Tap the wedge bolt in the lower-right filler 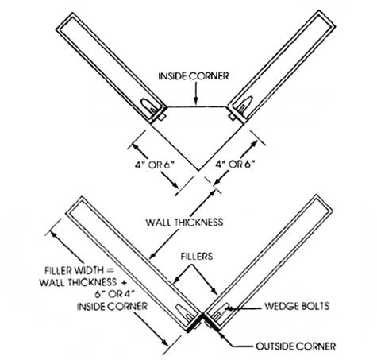223,307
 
